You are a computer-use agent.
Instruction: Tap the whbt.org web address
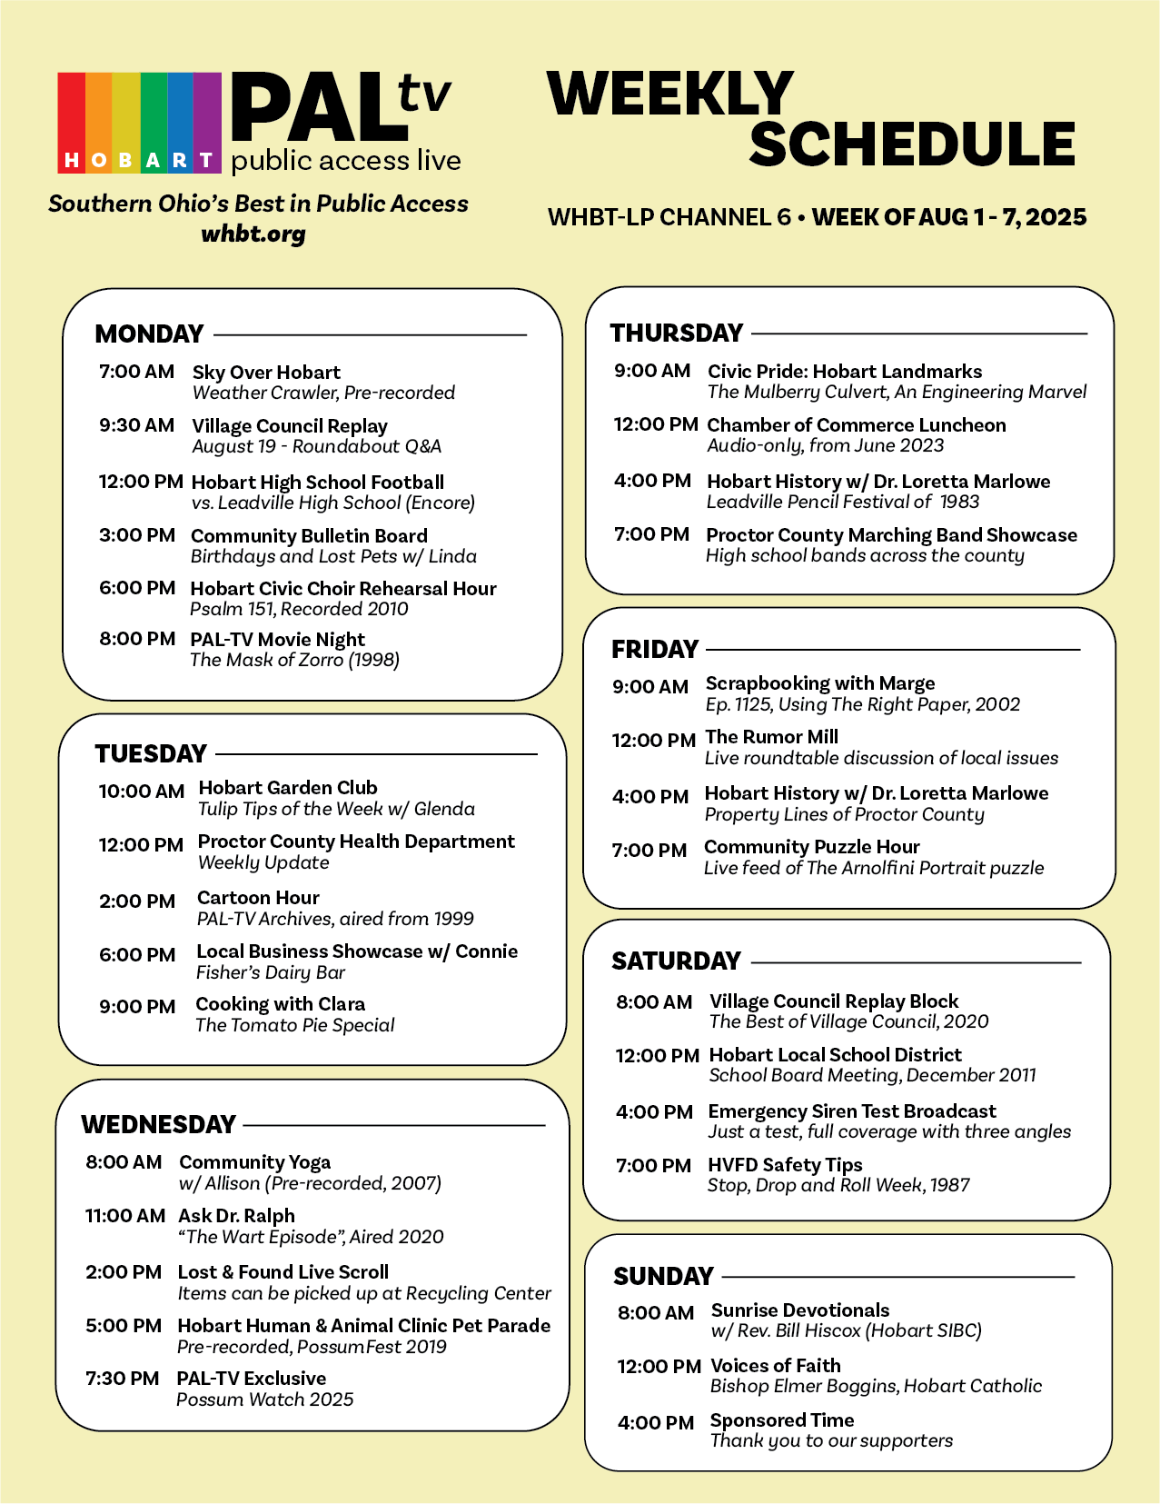(x=253, y=234)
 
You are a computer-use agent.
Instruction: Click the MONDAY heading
(x=149, y=334)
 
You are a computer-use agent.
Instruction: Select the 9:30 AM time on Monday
(x=136, y=425)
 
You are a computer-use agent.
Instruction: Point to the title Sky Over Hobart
(x=266, y=372)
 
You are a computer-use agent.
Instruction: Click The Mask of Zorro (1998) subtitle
(x=294, y=660)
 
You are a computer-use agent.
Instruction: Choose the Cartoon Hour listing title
(x=258, y=898)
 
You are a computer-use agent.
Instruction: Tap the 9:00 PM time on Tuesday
(x=136, y=1006)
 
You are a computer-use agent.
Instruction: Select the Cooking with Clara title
(x=280, y=1004)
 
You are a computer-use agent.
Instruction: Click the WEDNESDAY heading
(x=158, y=1124)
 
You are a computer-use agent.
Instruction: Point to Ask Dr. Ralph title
(x=236, y=1216)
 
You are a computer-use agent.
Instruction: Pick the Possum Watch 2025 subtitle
(x=264, y=1399)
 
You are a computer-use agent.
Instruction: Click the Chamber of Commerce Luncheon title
(x=856, y=425)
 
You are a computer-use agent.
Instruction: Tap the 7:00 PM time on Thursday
(x=651, y=534)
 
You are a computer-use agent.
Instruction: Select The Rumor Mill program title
(x=771, y=737)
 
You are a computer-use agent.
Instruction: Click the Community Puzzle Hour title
(x=811, y=847)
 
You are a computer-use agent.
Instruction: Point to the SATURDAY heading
(x=676, y=961)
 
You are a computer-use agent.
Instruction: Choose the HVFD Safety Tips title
(x=785, y=1165)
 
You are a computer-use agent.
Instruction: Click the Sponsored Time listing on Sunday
(x=781, y=1420)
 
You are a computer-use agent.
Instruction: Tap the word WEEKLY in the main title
(x=670, y=94)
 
